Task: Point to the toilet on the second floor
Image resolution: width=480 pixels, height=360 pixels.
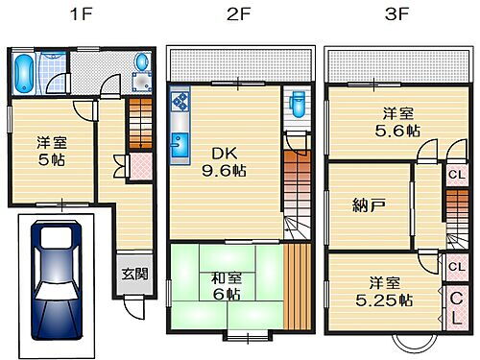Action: (x=296, y=101)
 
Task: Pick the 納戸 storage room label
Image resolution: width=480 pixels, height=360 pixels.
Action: (x=367, y=204)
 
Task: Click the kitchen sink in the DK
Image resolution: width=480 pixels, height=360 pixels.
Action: (x=180, y=146)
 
